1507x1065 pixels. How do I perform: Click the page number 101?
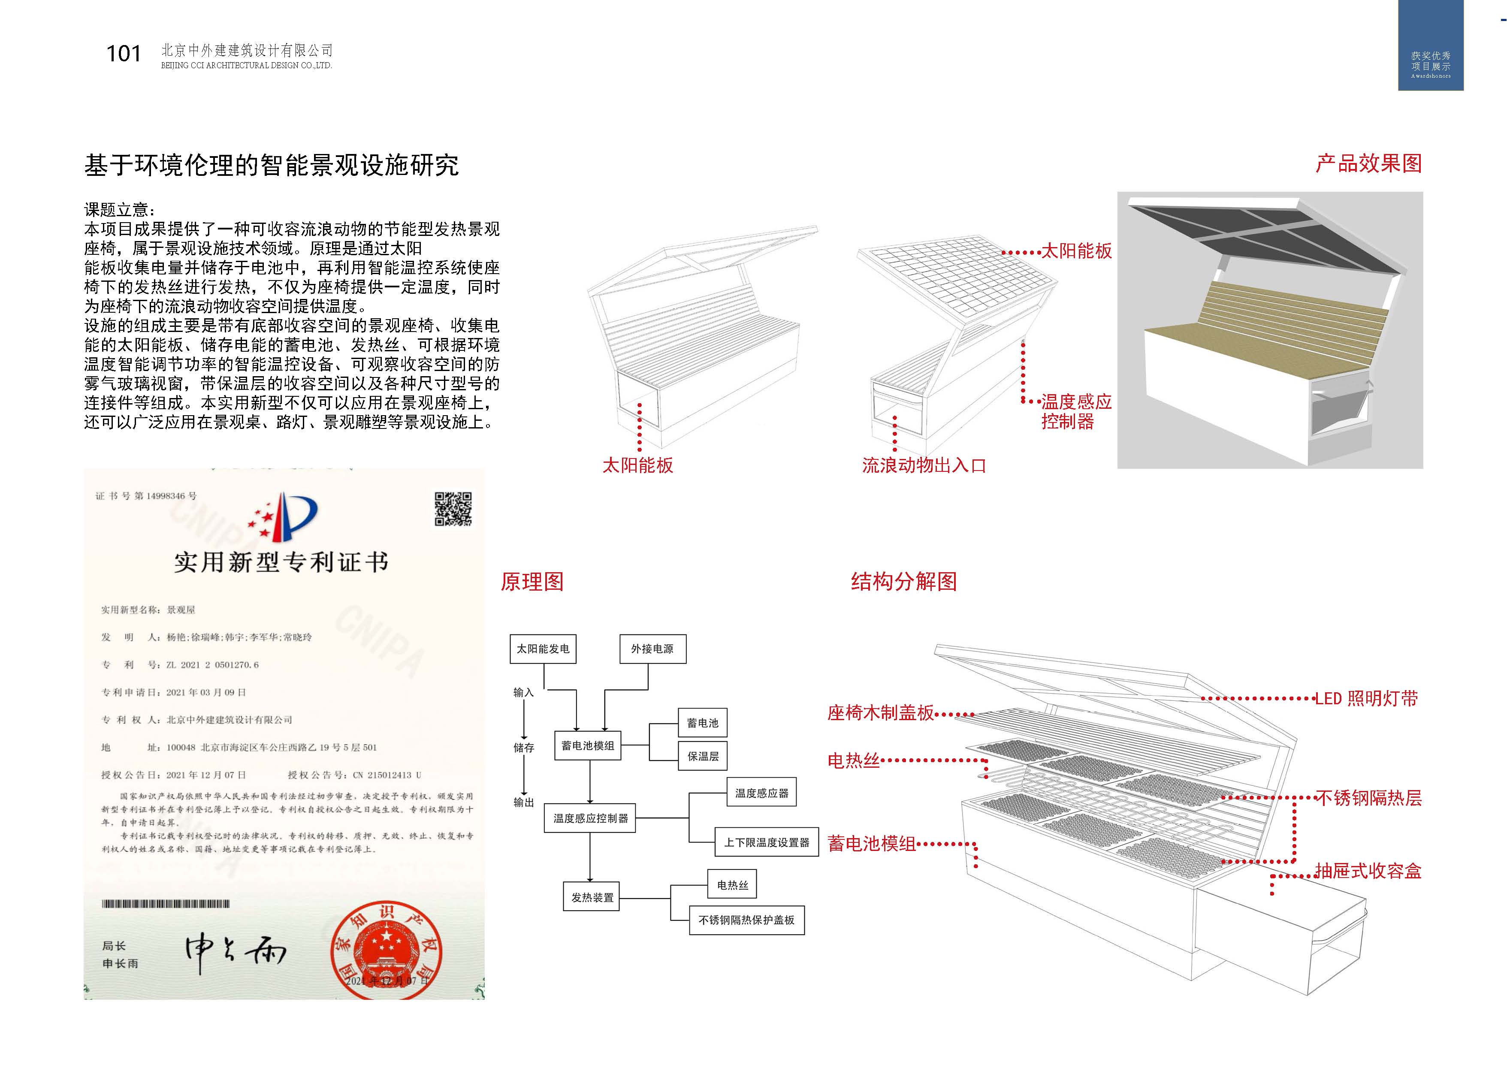click(x=124, y=54)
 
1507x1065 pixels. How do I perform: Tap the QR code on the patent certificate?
click(x=453, y=509)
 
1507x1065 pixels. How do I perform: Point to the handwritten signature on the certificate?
click(x=235, y=953)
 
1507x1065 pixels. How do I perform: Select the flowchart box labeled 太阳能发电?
click(x=543, y=649)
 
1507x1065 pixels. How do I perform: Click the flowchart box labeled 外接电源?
click(x=652, y=649)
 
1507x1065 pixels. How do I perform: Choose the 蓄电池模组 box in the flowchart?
click(x=587, y=746)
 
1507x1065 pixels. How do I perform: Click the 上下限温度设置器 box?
click(x=767, y=842)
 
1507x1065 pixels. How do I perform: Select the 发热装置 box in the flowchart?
click(x=592, y=897)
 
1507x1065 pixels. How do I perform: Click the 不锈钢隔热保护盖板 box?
click(x=746, y=920)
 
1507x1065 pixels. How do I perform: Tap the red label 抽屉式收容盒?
click(x=1368, y=872)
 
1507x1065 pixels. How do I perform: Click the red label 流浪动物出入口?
click(x=924, y=466)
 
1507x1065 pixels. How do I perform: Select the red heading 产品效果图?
click(x=1368, y=163)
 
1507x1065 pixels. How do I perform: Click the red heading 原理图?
click(x=532, y=581)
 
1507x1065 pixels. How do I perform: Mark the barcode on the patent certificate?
click(x=166, y=904)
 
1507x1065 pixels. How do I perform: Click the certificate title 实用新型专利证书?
click(x=281, y=562)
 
